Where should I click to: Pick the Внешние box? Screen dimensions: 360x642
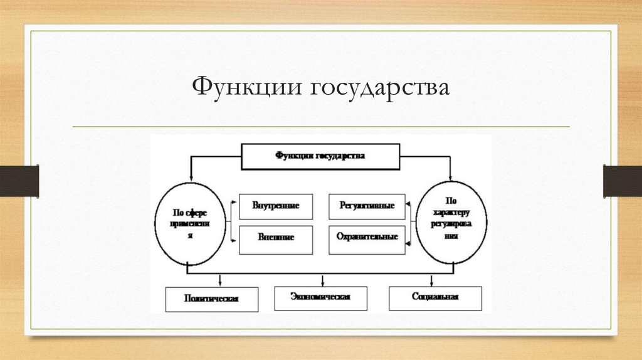pos(276,238)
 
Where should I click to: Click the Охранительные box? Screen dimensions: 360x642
pos(367,238)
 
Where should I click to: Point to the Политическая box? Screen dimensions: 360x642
pos(212,299)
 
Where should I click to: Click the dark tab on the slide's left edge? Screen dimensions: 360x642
pos(19,181)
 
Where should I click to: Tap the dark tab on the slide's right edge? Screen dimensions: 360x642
pos(623,181)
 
